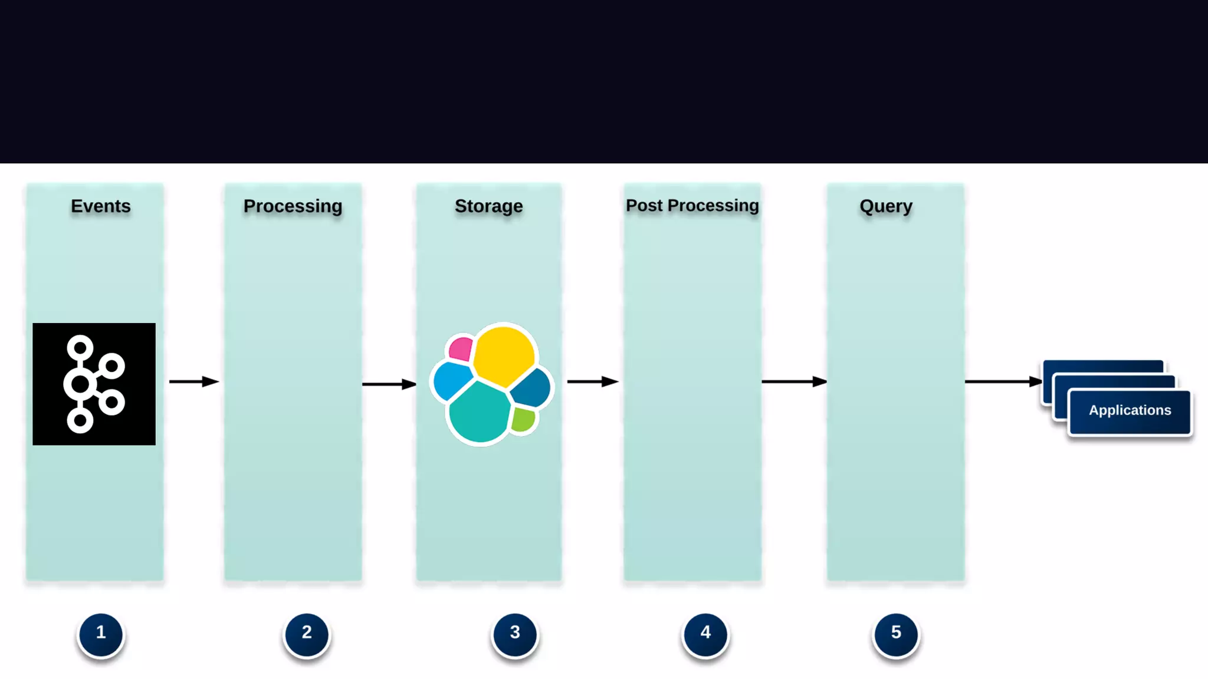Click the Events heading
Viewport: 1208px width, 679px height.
101,206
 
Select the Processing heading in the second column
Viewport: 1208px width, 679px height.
293,206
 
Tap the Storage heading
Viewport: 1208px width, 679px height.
488,206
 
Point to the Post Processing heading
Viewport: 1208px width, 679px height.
692,206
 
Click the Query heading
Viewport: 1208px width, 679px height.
885,206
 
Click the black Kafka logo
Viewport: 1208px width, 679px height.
94,384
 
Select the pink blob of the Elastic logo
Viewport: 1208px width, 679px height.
461,349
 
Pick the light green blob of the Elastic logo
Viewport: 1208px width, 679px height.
523,420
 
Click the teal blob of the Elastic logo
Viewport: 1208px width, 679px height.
479,413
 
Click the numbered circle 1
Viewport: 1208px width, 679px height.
101,633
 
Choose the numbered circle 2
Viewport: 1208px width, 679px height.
307,633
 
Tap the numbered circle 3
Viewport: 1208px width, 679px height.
515,633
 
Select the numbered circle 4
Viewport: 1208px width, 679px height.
705,633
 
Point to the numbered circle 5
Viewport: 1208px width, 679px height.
896,633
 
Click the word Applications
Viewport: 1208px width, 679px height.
1130,410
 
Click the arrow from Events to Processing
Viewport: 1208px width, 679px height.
193,382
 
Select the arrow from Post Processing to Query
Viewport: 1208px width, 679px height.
794,382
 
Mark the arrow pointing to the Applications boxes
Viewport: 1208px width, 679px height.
1003,382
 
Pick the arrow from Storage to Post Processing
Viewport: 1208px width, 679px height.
592,382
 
